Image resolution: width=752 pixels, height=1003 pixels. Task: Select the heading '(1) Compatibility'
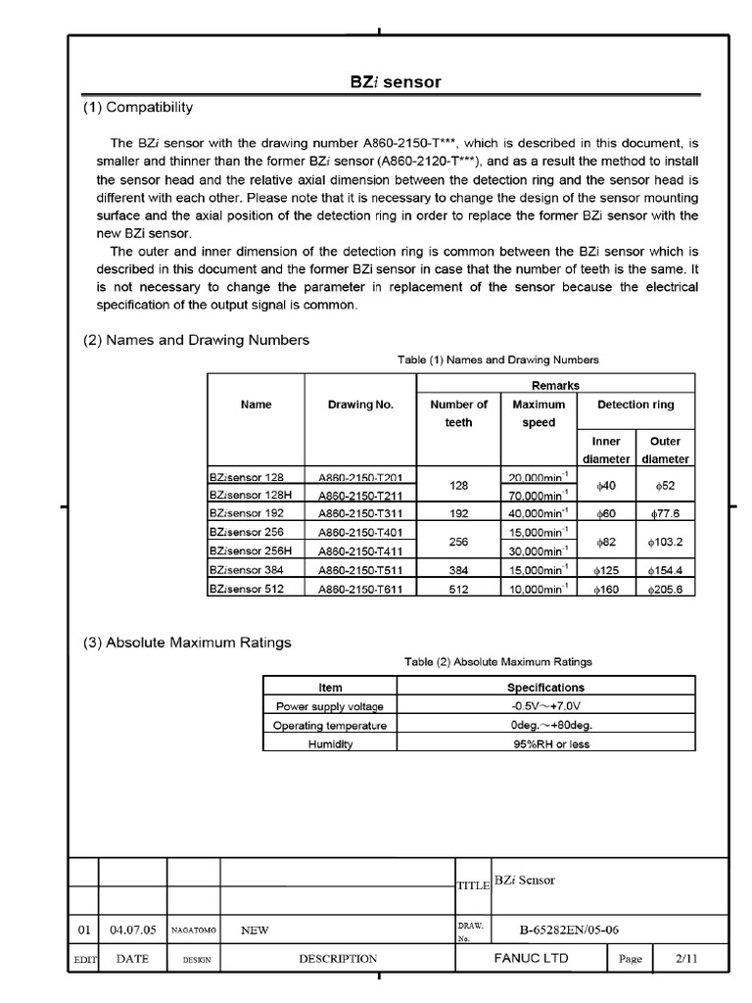click(138, 107)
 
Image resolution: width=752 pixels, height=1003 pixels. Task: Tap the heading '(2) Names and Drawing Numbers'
click(196, 340)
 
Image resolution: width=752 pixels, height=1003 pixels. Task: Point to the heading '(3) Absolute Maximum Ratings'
click(187, 643)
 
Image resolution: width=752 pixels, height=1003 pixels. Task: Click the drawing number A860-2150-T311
click(361, 514)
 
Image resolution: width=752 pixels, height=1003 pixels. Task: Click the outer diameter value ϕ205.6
click(665, 589)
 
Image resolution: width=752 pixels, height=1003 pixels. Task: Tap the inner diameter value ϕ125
click(607, 570)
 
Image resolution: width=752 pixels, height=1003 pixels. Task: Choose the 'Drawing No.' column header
click(361, 405)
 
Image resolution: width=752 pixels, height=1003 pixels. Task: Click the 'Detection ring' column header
click(635, 405)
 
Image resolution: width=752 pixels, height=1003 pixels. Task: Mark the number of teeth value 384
click(459, 570)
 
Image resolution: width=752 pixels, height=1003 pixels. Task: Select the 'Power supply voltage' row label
click(330, 706)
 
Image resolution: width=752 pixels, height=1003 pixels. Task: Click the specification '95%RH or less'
click(545, 743)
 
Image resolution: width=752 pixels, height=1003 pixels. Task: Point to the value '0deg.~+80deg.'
click(545, 725)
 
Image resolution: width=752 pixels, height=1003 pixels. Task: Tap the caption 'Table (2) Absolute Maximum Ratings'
click(498, 662)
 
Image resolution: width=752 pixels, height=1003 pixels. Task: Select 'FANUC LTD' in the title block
click(533, 959)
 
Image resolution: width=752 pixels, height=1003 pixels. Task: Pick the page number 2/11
click(688, 959)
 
